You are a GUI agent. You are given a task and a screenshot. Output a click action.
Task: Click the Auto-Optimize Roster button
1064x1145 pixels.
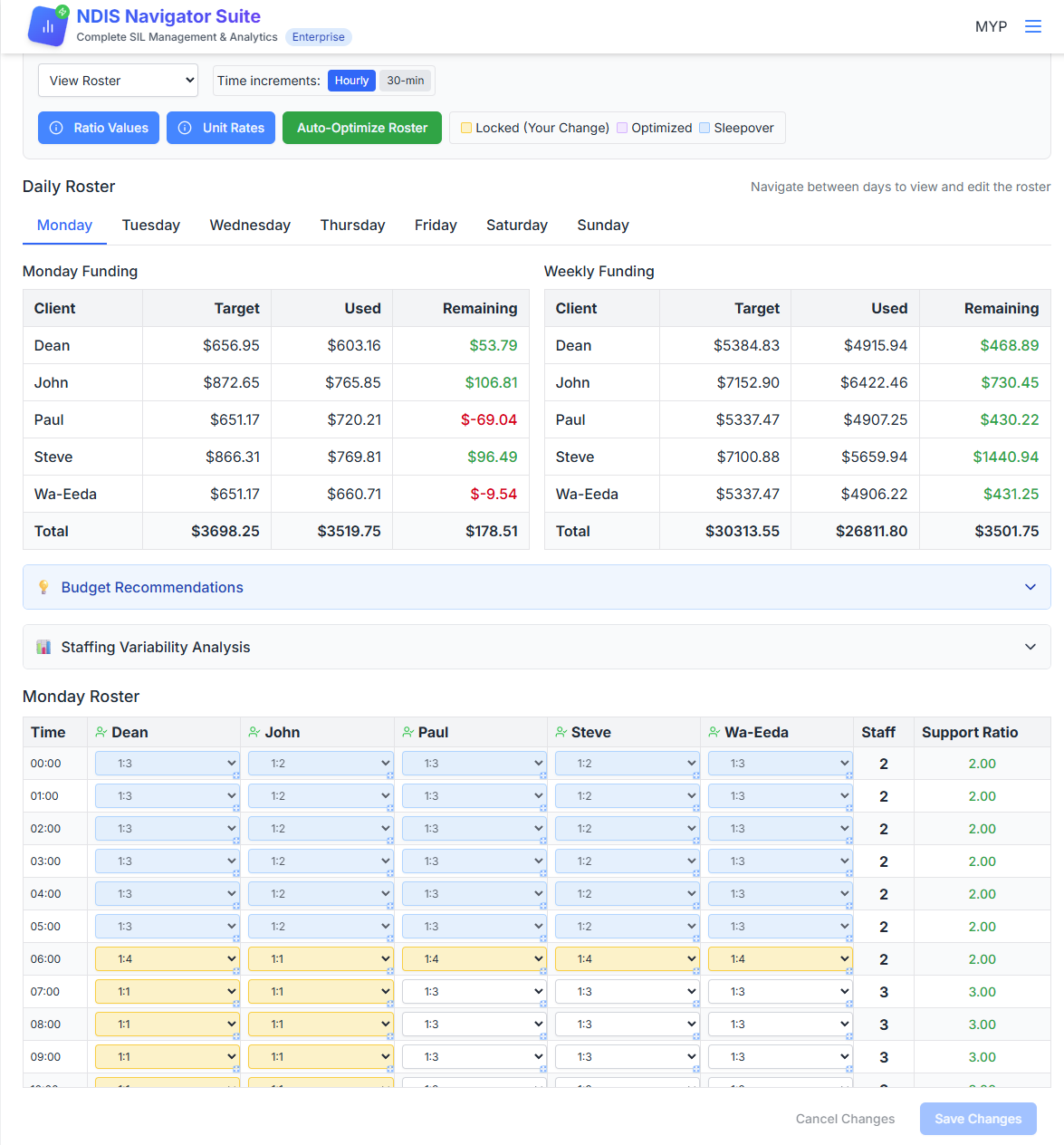pos(361,128)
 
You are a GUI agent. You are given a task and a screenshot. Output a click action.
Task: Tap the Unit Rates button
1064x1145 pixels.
pos(221,128)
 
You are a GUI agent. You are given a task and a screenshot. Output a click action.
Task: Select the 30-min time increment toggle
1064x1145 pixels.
pos(405,81)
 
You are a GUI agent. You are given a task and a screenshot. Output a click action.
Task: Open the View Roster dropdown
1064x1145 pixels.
pos(118,81)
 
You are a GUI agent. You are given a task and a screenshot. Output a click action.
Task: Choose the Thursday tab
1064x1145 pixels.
pos(352,226)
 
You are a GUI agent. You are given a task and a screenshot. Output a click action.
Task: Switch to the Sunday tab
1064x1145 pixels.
pos(602,226)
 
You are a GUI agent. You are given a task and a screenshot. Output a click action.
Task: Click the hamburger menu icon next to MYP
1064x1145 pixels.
pos(1032,26)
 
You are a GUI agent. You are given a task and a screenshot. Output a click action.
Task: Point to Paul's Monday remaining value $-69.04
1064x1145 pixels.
pos(488,420)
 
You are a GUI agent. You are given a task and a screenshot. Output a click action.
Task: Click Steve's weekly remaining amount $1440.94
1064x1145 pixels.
pos(1005,457)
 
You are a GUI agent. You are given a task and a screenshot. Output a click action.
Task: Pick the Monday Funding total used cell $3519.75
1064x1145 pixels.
pos(349,532)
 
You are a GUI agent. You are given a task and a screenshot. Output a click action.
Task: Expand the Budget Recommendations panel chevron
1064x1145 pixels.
pos(1030,587)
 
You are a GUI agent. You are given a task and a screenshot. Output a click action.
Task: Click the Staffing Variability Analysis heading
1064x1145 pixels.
pos(156,647)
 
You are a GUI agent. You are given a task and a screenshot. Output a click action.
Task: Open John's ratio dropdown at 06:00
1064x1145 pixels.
pos(321,958)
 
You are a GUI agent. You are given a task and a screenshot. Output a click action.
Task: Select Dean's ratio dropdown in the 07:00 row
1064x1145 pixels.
pos(168,991)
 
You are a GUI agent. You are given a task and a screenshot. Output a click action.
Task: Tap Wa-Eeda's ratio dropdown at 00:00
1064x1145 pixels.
pos(780,764)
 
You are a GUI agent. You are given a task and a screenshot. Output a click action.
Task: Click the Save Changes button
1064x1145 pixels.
pos(977,1119)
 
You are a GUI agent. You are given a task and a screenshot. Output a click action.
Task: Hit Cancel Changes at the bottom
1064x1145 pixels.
pos(845,1119)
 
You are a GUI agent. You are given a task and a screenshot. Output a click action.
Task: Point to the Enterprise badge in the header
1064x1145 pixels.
pos(318,37)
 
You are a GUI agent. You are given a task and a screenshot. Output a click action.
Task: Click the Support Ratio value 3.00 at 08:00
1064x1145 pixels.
pos(982,1025)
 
